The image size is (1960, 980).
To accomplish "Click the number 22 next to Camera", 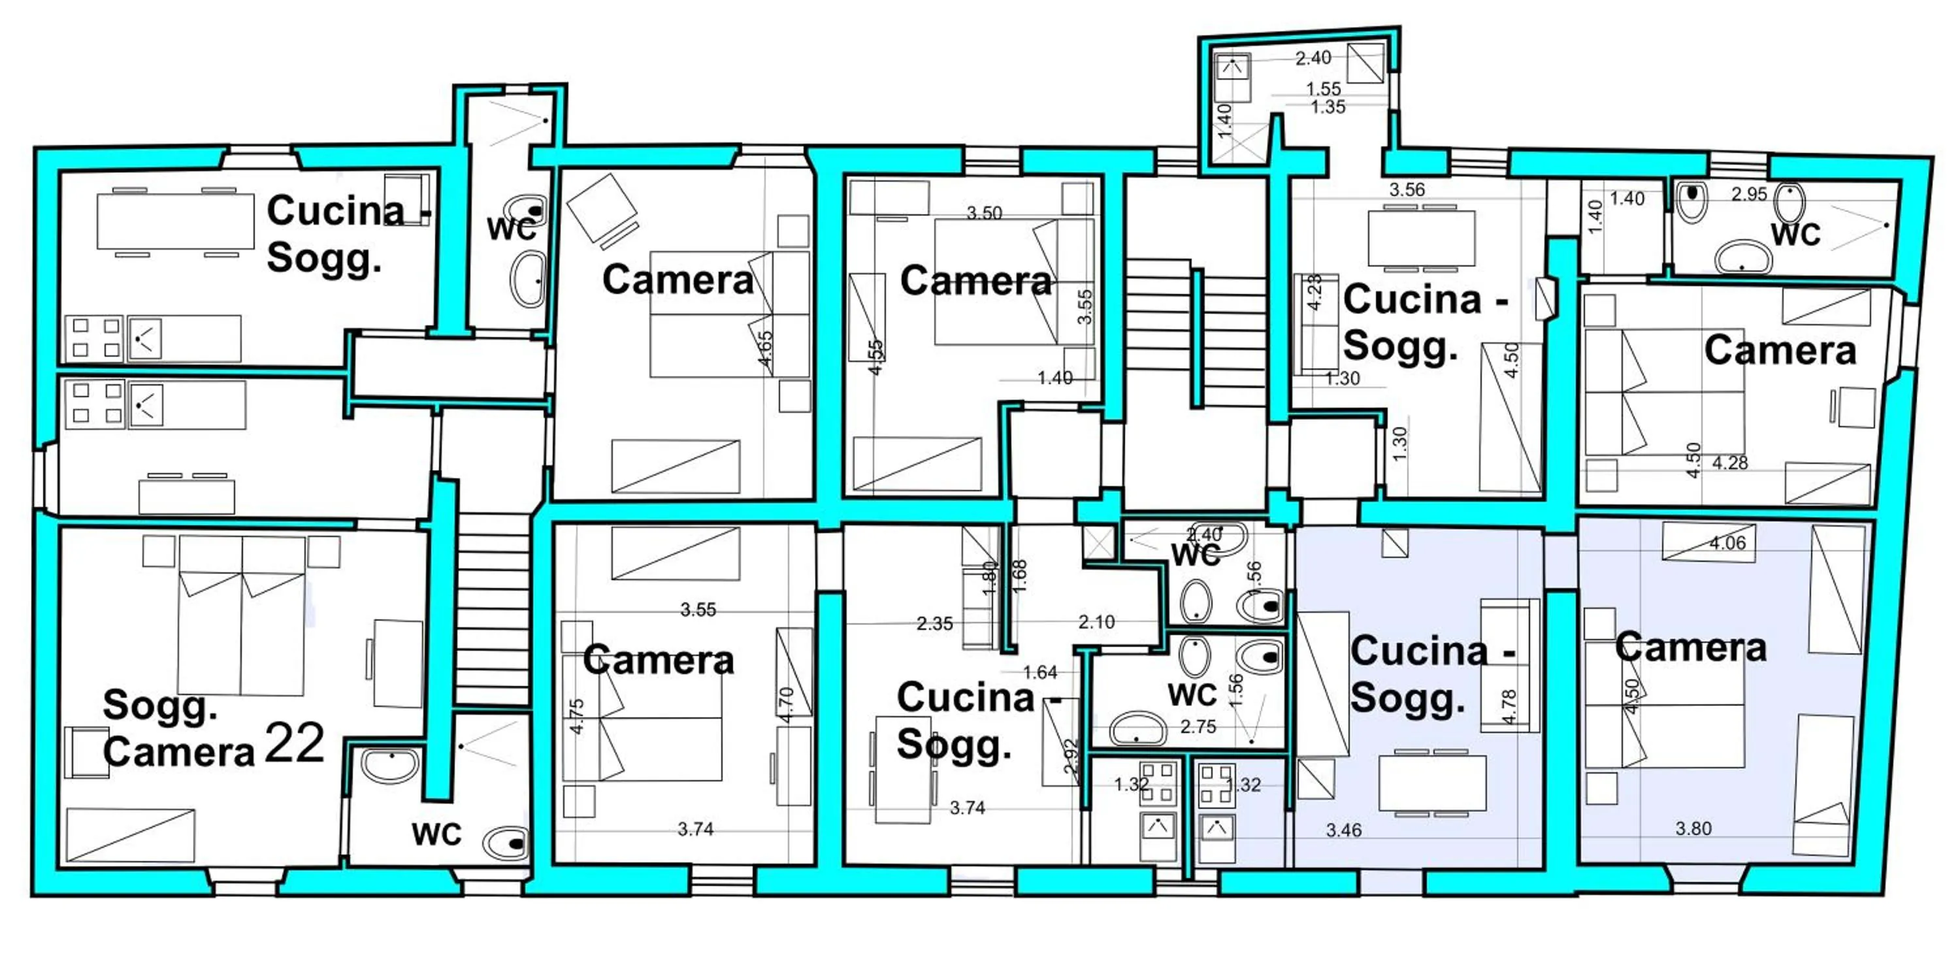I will tap(295, 743).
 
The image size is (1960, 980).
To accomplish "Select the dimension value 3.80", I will tap(1693, 828).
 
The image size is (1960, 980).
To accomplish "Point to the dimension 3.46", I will tap(1344, 831).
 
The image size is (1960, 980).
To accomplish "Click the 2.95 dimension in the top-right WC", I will tap(1748, 194).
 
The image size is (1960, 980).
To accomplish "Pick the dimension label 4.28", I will tap(1729, 463).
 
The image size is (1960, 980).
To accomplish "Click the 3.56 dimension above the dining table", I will tap(1407, 189).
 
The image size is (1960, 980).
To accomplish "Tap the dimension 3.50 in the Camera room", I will tap(984, 214).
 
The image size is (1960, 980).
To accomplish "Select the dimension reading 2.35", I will tap(934, 624).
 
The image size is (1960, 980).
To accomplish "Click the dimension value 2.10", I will tap(1096, 623).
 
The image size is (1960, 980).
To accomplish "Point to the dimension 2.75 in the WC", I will tap(1198, 727).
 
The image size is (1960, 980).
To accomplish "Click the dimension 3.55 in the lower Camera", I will tap(698, 610).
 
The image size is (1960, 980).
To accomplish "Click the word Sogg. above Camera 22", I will tap(160, 706).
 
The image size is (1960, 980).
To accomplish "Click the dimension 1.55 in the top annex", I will tap(1323, 89).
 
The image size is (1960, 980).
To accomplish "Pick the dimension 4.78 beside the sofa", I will tap(1510, 707).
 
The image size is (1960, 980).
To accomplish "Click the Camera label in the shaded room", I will tap(1690, 647).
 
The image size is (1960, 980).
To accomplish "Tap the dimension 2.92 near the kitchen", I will tap(1071, 757).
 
